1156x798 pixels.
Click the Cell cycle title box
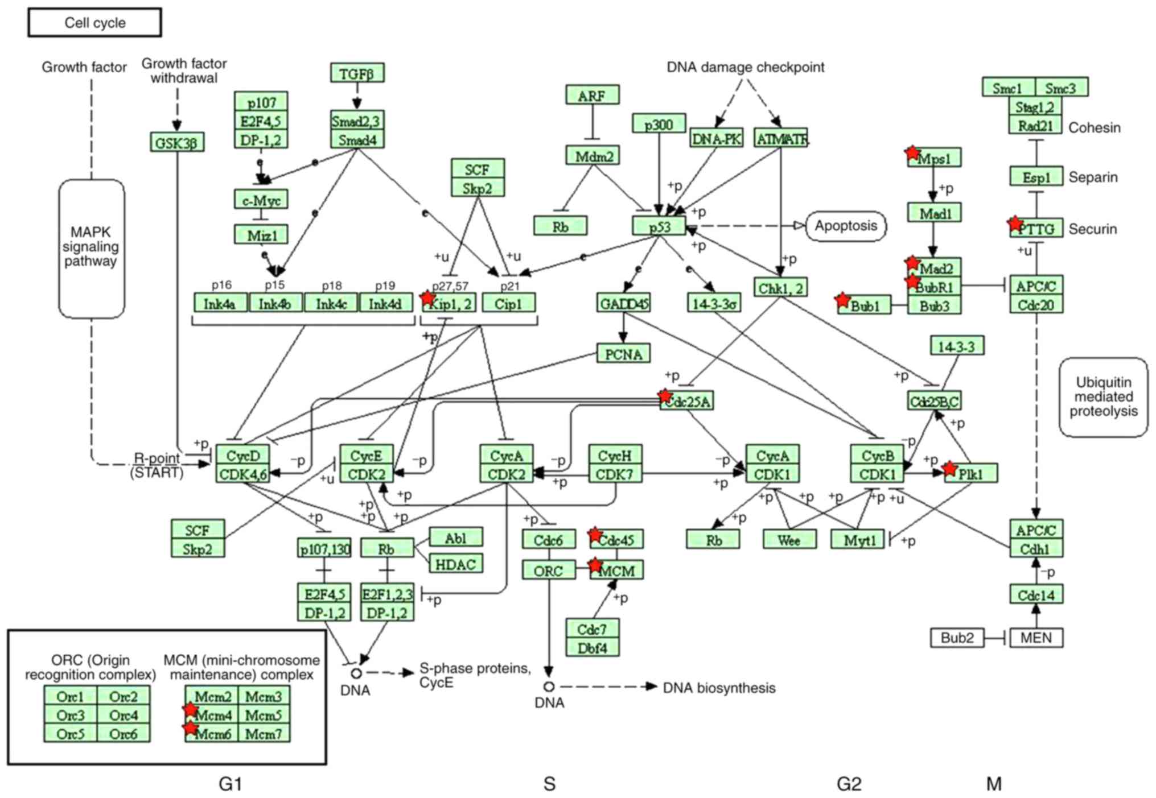(x=94, y=23)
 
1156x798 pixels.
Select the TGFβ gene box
(x=357, y=73)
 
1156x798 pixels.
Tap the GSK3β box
(x=176, y=143)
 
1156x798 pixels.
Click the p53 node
(x=659, y=226)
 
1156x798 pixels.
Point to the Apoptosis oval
(x=846, y=226)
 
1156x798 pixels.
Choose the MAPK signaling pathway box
(x=91, y=248)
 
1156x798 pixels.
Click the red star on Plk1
(x=949, y=469)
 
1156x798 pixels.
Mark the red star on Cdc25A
(x=665, y=396)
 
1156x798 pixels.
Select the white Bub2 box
(x=957, y=638)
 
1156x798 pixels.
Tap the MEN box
(x=1036, y=638)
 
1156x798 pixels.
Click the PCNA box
(x=623, y=354)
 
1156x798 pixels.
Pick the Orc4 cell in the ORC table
(x=124, y=715)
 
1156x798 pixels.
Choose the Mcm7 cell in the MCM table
(x=264, y=734)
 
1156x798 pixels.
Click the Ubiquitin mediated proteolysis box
(x=1103, y=397)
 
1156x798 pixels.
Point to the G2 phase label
(x=849, y=784)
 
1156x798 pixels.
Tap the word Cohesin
(x=1094, y=127)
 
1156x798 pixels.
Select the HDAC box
(x=455, y=564)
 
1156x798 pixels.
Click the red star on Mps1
(x=912, y=152)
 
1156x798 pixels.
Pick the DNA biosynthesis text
(x=719, y=688)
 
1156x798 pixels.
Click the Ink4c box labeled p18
(x=331, y=304)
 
